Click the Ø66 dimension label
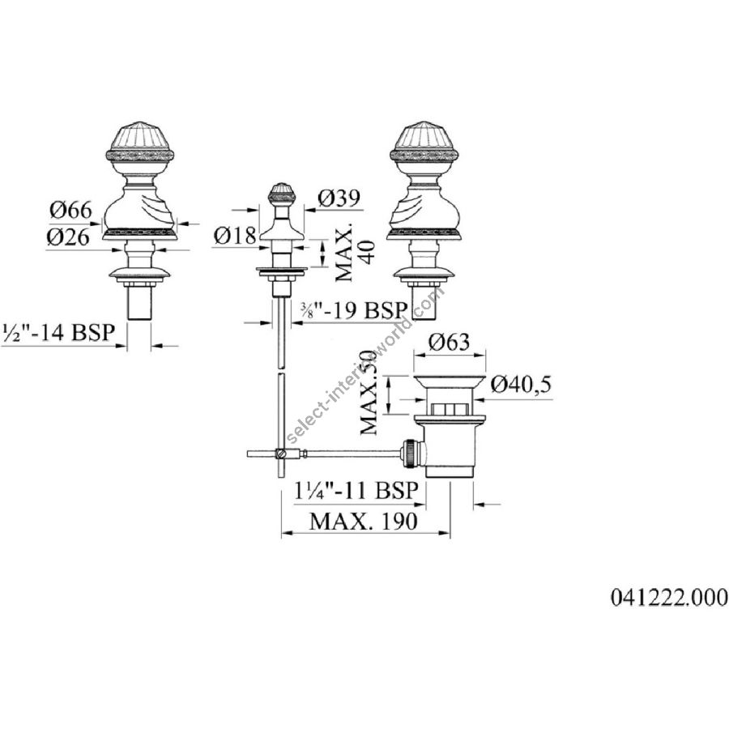(71, 211)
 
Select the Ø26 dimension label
(68, 237)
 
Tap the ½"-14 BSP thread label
(59, 332)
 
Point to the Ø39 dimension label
(339, 198)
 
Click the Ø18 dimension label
(235, 236)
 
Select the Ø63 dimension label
(449, 342)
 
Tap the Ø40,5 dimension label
(521, 385)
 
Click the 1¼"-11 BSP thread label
(356, 491)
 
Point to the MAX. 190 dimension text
(364, 522)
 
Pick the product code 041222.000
(669, 598)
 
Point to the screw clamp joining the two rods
(282, 452)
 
